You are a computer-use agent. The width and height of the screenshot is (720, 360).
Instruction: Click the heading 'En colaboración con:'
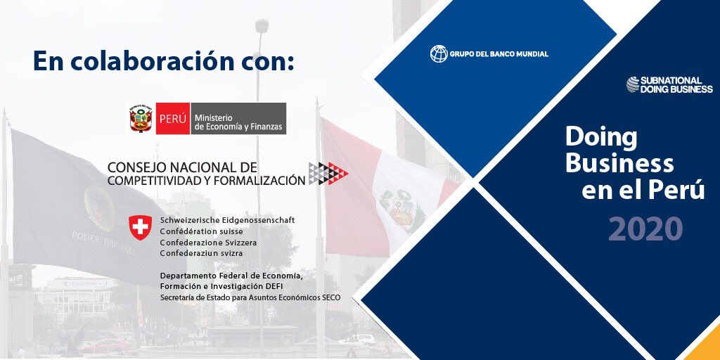point(163,60)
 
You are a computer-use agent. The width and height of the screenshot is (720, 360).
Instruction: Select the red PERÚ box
point(172,118)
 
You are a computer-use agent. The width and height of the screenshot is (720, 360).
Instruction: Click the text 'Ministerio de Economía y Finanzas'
point(238,118)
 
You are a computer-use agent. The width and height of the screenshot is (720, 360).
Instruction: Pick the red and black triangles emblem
point(328,173)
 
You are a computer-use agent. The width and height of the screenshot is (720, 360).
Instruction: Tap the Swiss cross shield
point(139,227)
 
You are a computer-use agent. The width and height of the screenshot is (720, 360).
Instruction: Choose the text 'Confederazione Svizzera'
point(208,242)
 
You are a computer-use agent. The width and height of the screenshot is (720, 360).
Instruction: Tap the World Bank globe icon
point(439,53)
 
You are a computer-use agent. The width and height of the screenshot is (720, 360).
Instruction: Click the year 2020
point(645,229)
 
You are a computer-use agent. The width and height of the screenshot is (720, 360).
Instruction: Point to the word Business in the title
point(619,163)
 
